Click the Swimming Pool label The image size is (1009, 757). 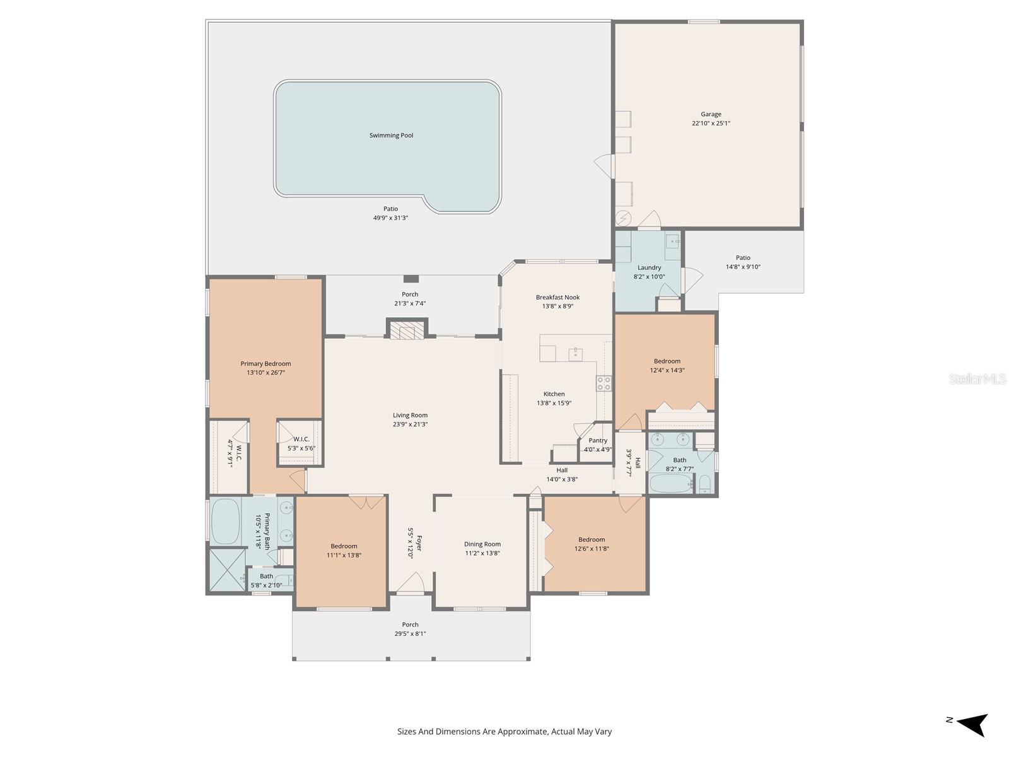[x=391, y=136]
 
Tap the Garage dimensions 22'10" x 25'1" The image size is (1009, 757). [x=711, y=124]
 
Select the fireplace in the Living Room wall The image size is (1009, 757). [x=407, y=331]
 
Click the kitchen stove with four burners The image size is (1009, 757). [x=604, y=383]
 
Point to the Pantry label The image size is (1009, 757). [x=598, y=441]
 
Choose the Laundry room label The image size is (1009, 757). [x=649, y=267]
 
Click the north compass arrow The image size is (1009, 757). [x=974, y=724]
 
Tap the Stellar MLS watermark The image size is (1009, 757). [x=977, y=378]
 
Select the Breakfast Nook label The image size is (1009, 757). [x=557, y=297]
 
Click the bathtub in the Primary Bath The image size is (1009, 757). [x=225, y=522]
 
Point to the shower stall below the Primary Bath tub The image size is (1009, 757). [x=226, y=570]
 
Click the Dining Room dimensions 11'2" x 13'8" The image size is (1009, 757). [x=482, y=553]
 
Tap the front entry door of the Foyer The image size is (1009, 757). [x=411, y=584]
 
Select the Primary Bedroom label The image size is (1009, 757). [x=265, y=363]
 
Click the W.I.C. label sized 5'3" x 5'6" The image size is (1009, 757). [x=301, y=439]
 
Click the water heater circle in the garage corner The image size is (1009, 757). [x=624, y=218]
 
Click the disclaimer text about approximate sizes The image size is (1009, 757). [x=504, y=732]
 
